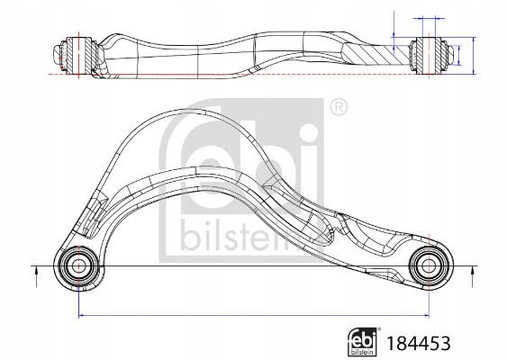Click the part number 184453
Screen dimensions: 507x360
coord(419,343)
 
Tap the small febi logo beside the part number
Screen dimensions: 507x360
coord(362,342)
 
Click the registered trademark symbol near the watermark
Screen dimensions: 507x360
coord(339,107)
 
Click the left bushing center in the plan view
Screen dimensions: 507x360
coord(78,266)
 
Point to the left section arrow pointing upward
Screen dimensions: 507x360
coord(36,276)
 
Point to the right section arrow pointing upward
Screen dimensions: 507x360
coord(473,276)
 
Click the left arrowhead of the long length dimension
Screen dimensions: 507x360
coord(81,315)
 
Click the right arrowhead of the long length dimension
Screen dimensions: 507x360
coord(426,315)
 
